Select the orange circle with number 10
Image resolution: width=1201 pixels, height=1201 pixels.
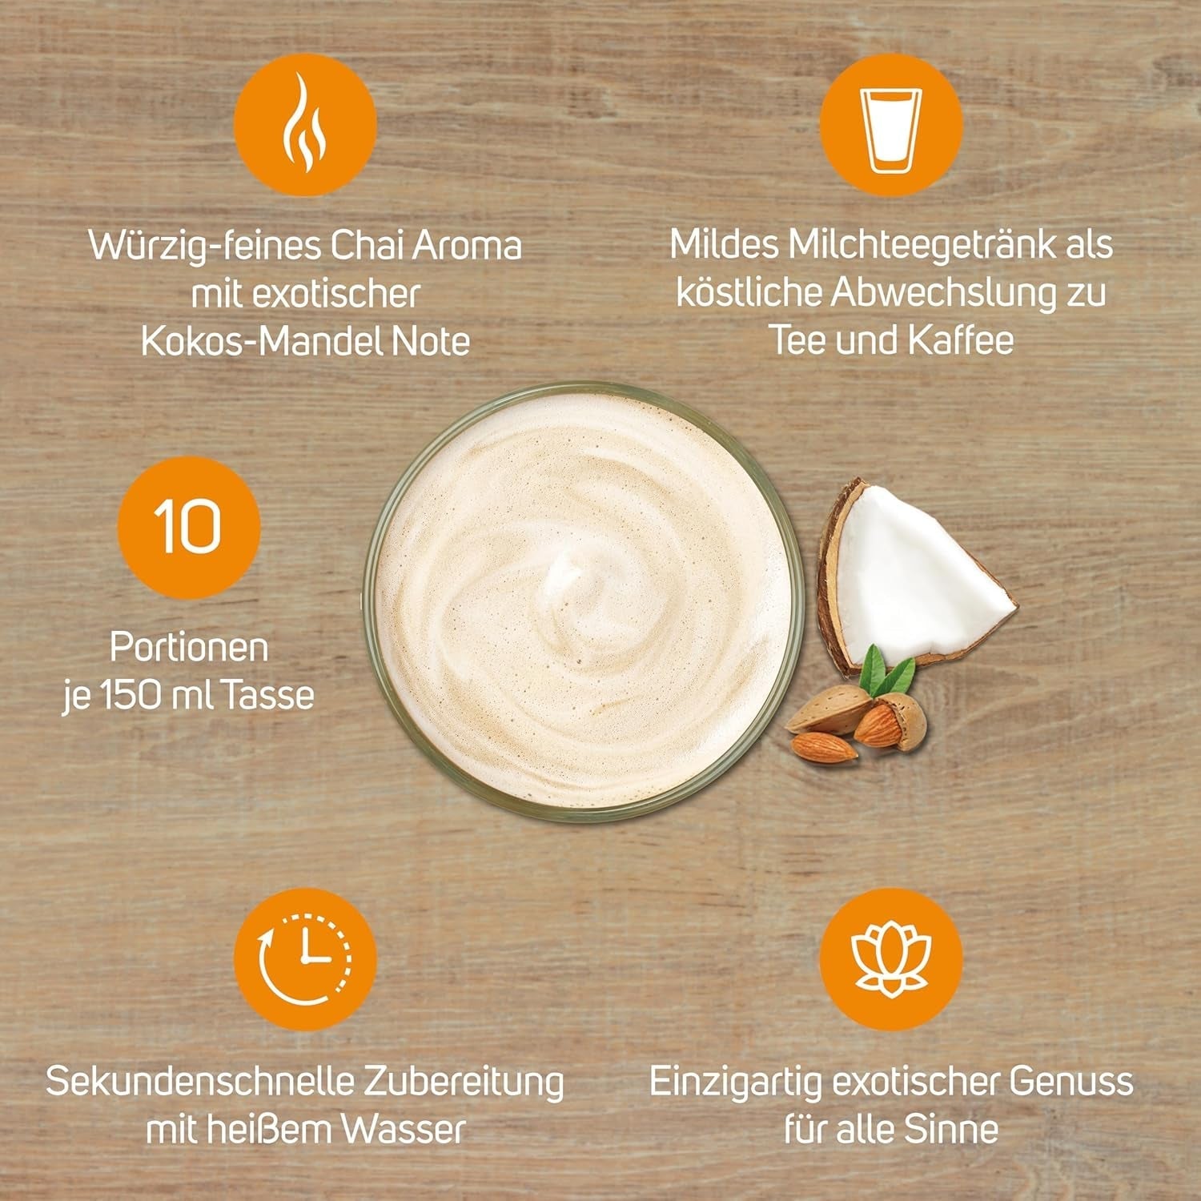(189, 527)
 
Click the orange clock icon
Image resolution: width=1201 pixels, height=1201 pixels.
(305, 958)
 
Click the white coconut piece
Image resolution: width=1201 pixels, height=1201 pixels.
(921, 568)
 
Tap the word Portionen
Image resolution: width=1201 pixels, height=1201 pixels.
(189, 647)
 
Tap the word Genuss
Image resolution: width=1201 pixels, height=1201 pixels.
(1070, 1082)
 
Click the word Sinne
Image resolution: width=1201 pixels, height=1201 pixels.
(952, 1130)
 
